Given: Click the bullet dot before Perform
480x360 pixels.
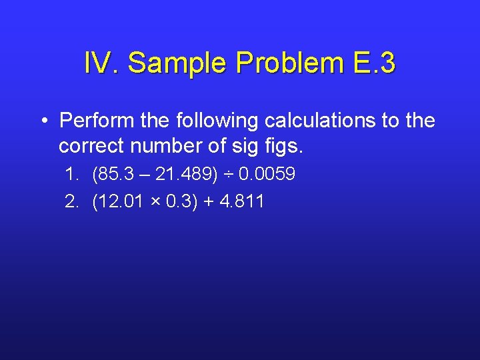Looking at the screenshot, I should tap(43, 121).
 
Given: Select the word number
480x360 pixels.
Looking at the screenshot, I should tap(166, 145).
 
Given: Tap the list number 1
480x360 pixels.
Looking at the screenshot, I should tap(71, 175).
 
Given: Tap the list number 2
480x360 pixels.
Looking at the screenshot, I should tap(71, 201).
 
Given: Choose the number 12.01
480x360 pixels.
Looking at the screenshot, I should tap(119, 201).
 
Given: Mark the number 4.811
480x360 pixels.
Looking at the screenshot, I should tap(241, 201).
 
